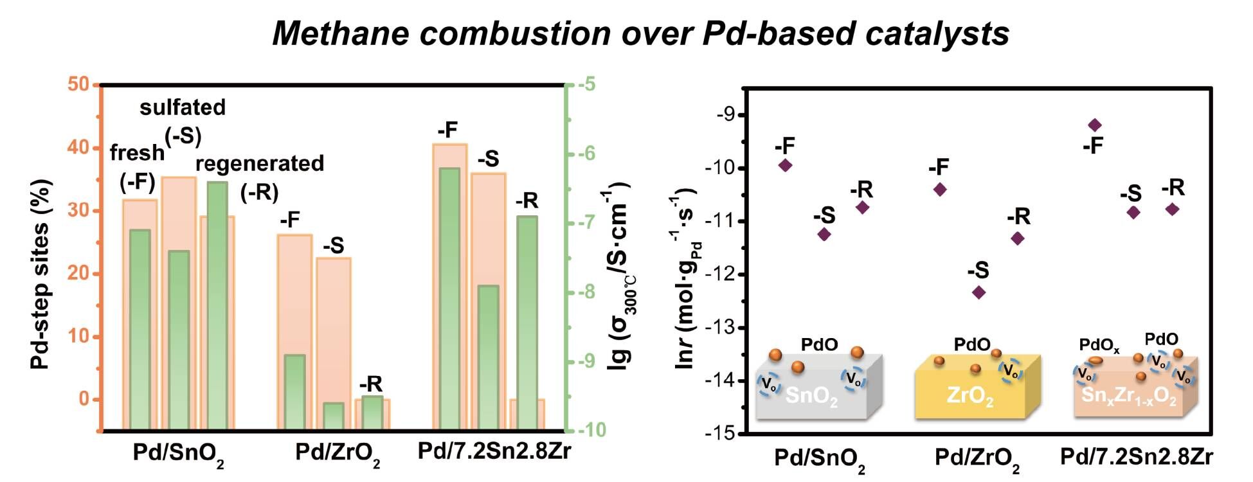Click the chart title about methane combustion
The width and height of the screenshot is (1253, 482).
[640, 33]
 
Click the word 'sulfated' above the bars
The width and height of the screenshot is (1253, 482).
[183, 107]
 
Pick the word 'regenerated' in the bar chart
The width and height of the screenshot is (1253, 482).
[260, 163]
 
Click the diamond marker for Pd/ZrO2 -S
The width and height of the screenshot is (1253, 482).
[978, 292]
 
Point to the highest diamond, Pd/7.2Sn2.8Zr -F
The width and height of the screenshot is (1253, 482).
[1095, 125]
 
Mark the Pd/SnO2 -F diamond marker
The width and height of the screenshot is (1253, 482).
[785, 165]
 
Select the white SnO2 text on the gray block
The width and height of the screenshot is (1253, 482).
[811, 395]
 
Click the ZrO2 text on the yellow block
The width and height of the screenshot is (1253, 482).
[970, 395]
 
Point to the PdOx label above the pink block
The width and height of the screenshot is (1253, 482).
[1099, 346]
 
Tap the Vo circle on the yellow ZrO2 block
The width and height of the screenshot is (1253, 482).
[1011, 371]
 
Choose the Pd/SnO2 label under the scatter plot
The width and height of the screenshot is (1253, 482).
[820, 459]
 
